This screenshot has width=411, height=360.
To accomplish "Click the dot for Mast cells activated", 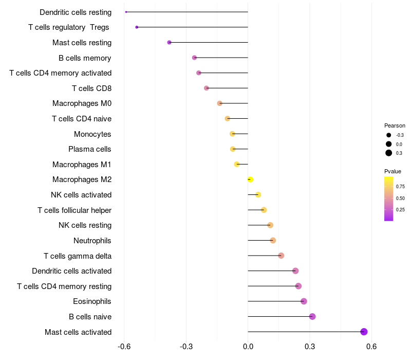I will point(364,332).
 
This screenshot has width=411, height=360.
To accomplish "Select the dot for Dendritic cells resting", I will point(126,12).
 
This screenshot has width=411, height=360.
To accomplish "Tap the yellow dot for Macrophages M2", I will point(250,179).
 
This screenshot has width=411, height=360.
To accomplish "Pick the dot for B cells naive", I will point(312,316).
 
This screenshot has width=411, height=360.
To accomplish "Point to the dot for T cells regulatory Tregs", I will point(137,27).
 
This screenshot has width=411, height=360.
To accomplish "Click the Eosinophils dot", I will point(304,301).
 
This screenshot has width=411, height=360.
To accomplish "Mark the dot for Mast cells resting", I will point(169,42).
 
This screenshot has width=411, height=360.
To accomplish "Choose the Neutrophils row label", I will point(92,241).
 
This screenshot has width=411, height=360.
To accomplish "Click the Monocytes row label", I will point(92,134).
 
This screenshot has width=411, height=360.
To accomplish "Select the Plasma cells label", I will point(90,149).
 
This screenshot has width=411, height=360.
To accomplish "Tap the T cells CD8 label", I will point(91,88).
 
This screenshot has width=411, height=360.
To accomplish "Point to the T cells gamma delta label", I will point(78,256).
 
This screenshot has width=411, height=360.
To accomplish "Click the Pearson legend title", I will point(395,125).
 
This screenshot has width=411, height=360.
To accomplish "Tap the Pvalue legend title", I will point(393,171).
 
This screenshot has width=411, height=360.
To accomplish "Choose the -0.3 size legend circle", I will point(388,135).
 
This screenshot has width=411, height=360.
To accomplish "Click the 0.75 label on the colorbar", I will point(400,186).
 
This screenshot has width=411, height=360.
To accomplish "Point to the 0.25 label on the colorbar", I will point(400,209).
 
